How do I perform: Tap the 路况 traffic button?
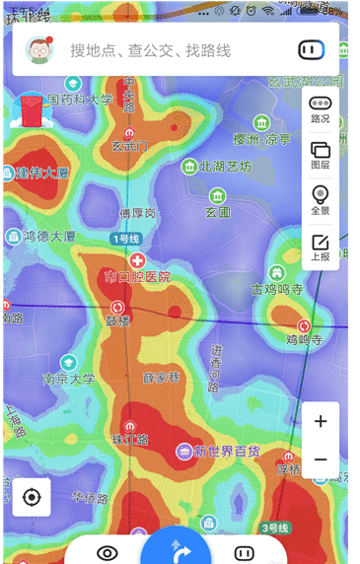(321, 109)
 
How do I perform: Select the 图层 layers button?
(321, 155)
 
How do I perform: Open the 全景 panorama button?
(321, 199)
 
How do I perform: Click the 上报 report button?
(321, 247)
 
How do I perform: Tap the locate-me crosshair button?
(32, 496)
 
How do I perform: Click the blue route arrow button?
(176, 548)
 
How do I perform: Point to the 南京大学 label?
(69, 379)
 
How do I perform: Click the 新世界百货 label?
(226, 451)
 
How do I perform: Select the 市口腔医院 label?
(137, 276)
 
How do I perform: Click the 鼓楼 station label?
(118, 320)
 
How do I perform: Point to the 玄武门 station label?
(129, 146)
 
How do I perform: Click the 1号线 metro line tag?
(125, 240)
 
